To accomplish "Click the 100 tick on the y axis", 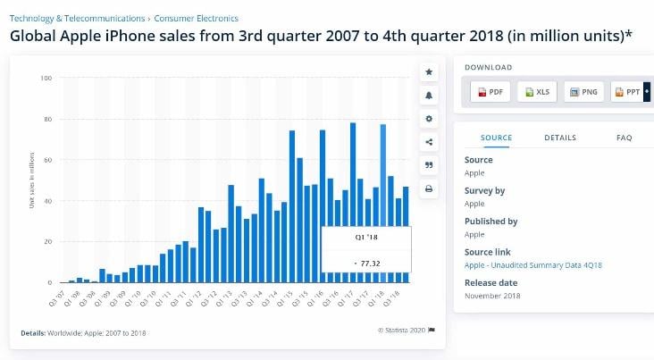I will tap(46, 79).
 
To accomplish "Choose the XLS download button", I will tap(539, 92).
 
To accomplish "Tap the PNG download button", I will tap(585, 92).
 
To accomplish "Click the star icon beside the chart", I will tap(430, 71).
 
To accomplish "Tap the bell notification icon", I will tap(430, 96).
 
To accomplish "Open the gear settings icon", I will tap(430, 119).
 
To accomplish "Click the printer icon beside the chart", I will tap(430, 188).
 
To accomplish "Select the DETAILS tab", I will tap(560, 138).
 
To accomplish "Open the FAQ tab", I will tap(624, 138).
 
